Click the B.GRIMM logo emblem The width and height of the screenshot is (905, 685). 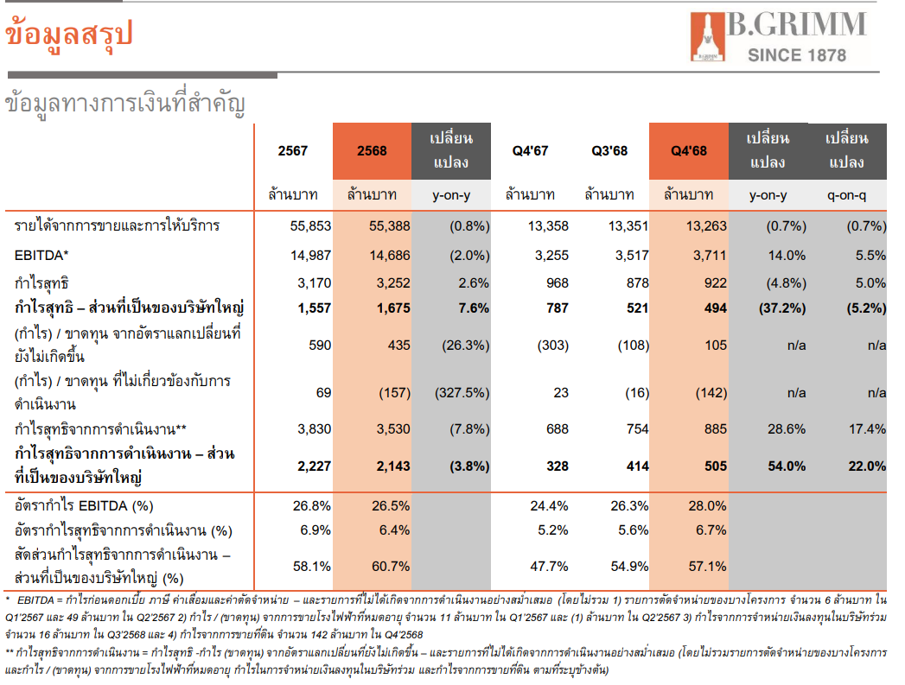pos(707,38)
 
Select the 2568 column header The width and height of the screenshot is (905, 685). pos(372,150)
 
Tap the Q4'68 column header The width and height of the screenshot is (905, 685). pos(689,150)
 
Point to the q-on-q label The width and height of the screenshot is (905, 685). pos(847,195)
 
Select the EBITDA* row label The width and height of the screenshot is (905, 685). pos(41,255)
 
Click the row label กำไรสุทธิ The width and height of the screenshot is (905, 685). pos(41,282)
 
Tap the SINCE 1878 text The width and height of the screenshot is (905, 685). pos(796,55)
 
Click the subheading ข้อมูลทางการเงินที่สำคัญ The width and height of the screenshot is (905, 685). pos(125,104)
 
